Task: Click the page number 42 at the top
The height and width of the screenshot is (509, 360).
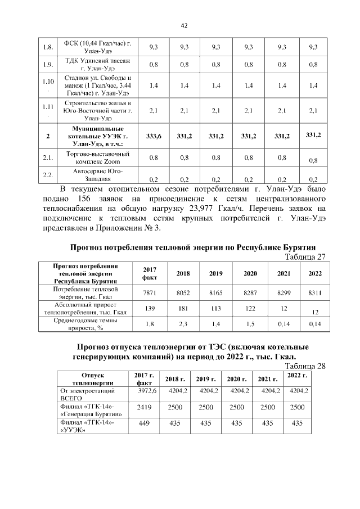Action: [x=183, y=25]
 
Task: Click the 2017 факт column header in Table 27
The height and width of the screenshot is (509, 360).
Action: [x=150, y=273]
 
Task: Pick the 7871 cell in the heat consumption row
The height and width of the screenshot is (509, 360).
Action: [x=150, y=293]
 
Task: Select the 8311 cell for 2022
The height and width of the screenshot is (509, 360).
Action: [x=315, y=293]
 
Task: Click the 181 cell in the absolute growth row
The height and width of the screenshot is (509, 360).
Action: [x=183, y=308]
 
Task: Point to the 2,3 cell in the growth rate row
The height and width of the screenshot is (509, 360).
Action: [x=183, y=325]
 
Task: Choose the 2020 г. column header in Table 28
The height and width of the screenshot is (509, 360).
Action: [x=236, y=379]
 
